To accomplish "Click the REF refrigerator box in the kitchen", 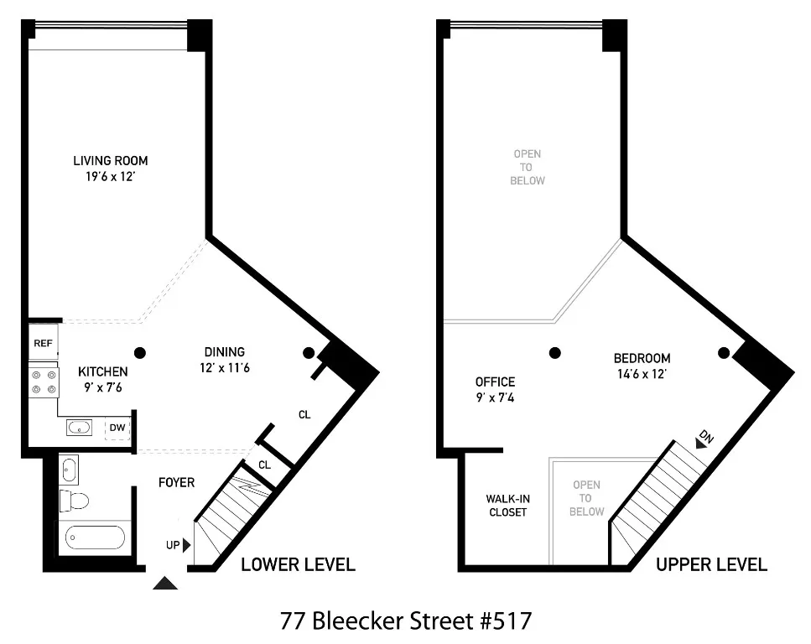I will [42, 343].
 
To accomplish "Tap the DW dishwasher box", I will [117, 428].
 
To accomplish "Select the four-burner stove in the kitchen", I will [44, 382].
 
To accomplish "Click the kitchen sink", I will [79, 428].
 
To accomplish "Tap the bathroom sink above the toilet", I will [68, 469].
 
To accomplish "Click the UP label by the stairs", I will [173, 545].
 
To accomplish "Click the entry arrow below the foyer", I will [166, 584].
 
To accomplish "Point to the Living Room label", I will [111, 161].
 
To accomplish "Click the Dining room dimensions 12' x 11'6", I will [225, 367].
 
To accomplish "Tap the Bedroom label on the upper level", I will [642, 358].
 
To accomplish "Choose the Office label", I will [495, 382].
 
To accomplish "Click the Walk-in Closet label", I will [507, 505].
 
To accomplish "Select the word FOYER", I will [176, 482].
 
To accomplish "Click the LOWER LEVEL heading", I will [298, 564].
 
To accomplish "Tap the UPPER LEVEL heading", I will [711, 564].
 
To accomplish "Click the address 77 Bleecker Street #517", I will [405, 621].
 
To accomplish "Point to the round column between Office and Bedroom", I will [554, 353].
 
